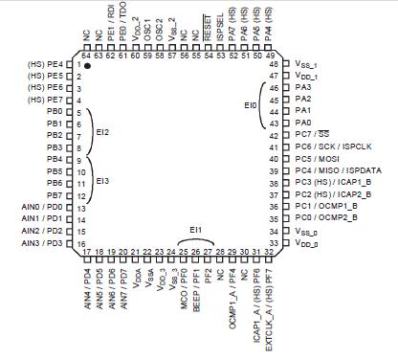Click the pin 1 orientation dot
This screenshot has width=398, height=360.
(x=87, y=65)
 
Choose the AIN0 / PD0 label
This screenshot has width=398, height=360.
(x=42, y=207)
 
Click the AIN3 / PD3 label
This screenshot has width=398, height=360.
(x=42, y=243)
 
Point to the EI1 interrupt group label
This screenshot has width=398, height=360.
(x=195, y=231)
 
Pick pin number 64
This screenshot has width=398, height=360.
(x=87, y=55)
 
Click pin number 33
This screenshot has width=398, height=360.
(x=276, y=244)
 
